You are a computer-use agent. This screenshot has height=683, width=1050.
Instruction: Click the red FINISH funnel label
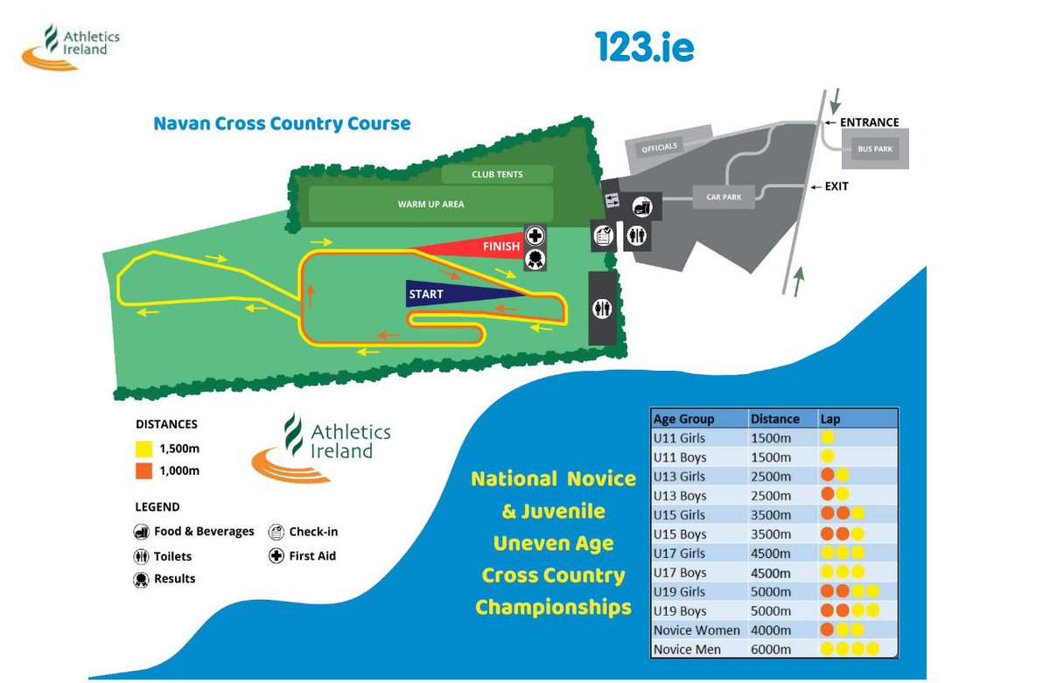click(x=500, y=247)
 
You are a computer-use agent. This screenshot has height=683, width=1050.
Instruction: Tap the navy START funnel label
click(x=426, y=295)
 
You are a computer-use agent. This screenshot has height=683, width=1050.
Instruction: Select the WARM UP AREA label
click(x=430, y=205)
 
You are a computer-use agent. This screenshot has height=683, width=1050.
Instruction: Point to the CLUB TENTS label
click(x=497, y=175)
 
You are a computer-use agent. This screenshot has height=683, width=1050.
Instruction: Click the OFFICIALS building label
click(x=659, y=147)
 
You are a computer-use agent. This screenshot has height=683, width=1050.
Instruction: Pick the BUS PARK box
click(x=875, y=150)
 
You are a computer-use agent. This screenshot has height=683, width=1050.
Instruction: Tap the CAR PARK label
click(x=724, y=198)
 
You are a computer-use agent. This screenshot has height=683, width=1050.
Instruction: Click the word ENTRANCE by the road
click(x=869, y=123)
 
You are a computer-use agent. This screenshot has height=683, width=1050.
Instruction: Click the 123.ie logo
click(x=644, y=46)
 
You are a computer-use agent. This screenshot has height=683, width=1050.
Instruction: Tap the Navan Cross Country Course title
click(x=282, y=123)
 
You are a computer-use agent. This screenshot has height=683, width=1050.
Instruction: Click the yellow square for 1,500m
click(x=143, y=449)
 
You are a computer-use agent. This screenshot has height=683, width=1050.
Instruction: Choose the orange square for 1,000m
click(x=143, y=471)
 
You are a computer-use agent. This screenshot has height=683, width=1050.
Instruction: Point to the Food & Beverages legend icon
click(x=142, y=532)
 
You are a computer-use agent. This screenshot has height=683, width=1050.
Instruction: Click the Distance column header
click(x=774, y=419)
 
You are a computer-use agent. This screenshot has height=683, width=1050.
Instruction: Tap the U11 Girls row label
click(x=679, y=438)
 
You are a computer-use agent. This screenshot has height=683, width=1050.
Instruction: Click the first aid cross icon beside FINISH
click(x=535, y=235)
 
